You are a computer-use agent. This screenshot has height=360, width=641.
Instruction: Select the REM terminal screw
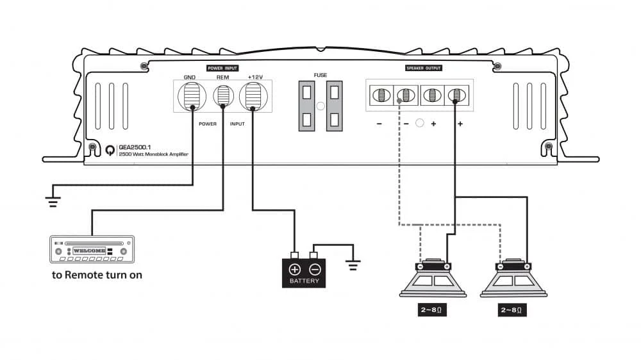(x=222, y=97)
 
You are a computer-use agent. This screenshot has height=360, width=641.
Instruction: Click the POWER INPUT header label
(x=222, y=67)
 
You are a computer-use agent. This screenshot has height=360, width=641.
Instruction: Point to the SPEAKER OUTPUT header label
(x=424, y=67)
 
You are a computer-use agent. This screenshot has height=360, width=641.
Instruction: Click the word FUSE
(x=320, y=75)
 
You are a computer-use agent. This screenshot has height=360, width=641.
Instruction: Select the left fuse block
(x=307, y=106)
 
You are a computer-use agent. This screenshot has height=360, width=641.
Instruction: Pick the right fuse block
(x=335, y=106)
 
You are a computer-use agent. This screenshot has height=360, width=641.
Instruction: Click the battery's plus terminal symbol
(x=295, y=269)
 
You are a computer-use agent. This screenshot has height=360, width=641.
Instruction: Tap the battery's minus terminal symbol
(x=314, y=269)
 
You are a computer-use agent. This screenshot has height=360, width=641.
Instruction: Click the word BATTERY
(x=304, y=281)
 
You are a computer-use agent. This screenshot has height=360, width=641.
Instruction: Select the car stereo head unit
(x=92, y=250)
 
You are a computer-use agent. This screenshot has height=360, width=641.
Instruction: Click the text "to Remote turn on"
(x=97, y=275)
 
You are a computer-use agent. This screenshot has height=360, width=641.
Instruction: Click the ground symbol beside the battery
(x=353, y=264)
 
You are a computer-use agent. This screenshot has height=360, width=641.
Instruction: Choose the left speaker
(x=433, y=279)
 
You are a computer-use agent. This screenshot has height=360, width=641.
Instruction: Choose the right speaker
(x=513, y=279)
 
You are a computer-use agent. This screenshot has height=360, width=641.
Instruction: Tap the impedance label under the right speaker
(x=513, y=310)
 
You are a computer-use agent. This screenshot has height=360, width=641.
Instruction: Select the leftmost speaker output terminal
(x=379, y=96)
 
